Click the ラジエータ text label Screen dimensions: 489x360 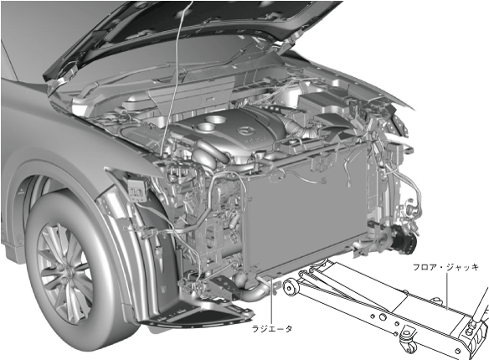(272, 329)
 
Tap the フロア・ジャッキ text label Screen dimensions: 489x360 (445, 268)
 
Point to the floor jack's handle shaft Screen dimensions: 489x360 (481, 305)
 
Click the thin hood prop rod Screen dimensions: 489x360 (176, 78)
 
